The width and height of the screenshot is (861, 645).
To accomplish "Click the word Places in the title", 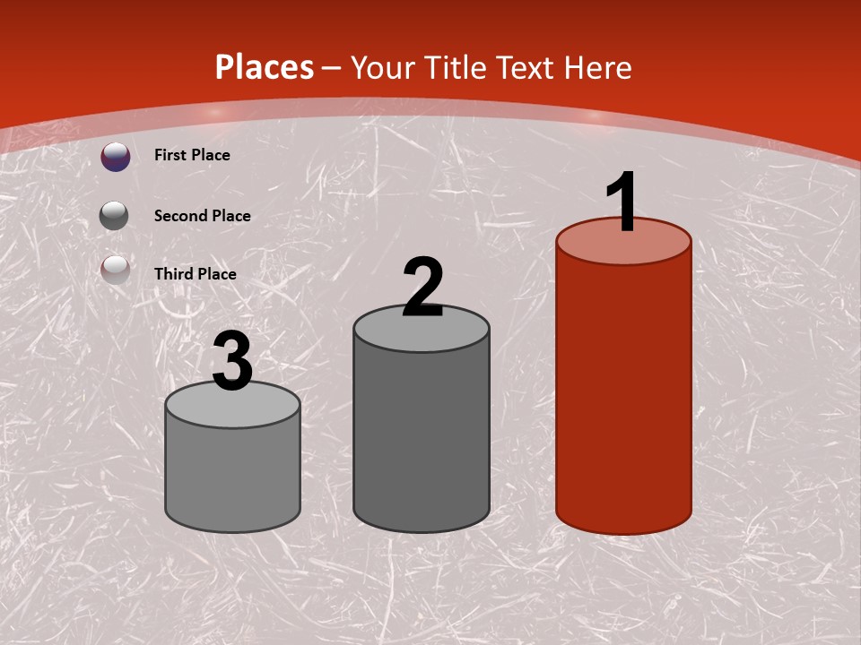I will [265, 67].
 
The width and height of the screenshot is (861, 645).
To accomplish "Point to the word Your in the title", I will [384, 67].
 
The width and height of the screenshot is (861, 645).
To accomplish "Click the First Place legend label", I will [192, 155].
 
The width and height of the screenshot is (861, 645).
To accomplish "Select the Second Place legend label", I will [202, 216].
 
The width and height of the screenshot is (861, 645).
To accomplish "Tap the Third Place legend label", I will [196, 274].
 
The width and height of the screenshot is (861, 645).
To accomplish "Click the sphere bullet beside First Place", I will [115, 157].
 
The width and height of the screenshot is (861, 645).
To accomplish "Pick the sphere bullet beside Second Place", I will [114, 215].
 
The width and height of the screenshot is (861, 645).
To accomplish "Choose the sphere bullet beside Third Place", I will [115, 269].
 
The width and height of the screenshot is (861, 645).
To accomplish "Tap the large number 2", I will [422, 288].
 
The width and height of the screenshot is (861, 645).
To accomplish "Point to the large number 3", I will [232, 362].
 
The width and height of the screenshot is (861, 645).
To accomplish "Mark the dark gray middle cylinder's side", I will [422, 439].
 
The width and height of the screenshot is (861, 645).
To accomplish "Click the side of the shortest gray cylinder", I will [232, 475].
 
